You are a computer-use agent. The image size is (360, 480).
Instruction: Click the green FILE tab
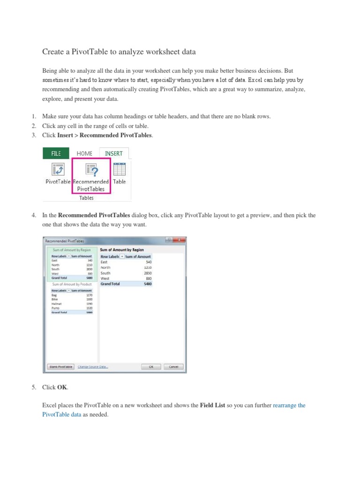(56, 153)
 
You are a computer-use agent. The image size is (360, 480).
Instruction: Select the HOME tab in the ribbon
(84, 153)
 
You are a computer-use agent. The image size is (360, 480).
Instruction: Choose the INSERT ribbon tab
(113, 153)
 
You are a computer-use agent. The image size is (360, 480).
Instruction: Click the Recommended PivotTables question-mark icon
(91, 169)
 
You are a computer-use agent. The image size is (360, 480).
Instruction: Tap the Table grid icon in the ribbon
(119, 169)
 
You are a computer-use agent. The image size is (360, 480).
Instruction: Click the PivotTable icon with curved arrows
(58, 169)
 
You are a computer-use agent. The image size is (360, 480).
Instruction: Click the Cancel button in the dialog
(173, 367)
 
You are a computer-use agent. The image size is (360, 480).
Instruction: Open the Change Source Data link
(93, 367)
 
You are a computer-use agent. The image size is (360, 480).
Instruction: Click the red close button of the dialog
(179, 240)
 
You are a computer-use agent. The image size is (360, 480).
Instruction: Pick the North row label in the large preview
(105, 267)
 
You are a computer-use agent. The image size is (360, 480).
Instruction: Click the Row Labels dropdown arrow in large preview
(122, 256)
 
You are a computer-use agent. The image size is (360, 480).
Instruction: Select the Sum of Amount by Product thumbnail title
(72, 284)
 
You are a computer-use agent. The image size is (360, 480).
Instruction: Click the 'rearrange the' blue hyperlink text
(289, 405)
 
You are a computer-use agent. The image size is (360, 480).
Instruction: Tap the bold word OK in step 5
(62, 388)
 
